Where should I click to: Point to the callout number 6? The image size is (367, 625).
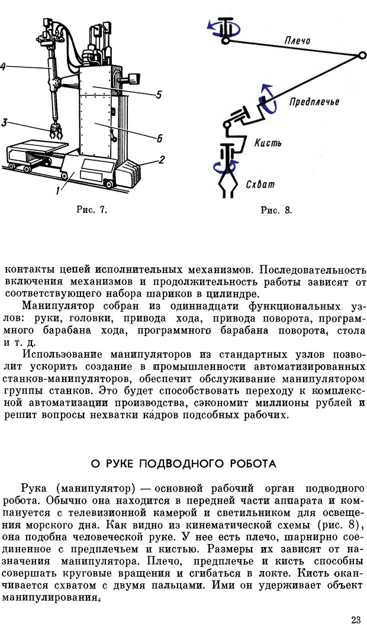coord(159,138)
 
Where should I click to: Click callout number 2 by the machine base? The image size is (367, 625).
coord(162,160)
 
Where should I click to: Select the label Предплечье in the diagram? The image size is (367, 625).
coord(314,101)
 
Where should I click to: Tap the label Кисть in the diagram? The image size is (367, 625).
coord(268,143)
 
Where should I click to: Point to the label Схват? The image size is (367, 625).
coord(260,184)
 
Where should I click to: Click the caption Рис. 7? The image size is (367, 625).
coord(91,209)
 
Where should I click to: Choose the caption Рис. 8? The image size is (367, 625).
coord(276,210)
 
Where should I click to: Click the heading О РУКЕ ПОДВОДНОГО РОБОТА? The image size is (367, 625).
coord(183,462)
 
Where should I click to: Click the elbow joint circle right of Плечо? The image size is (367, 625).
coord(362,56)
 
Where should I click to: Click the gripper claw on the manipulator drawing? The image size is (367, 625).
coord(57,133)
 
